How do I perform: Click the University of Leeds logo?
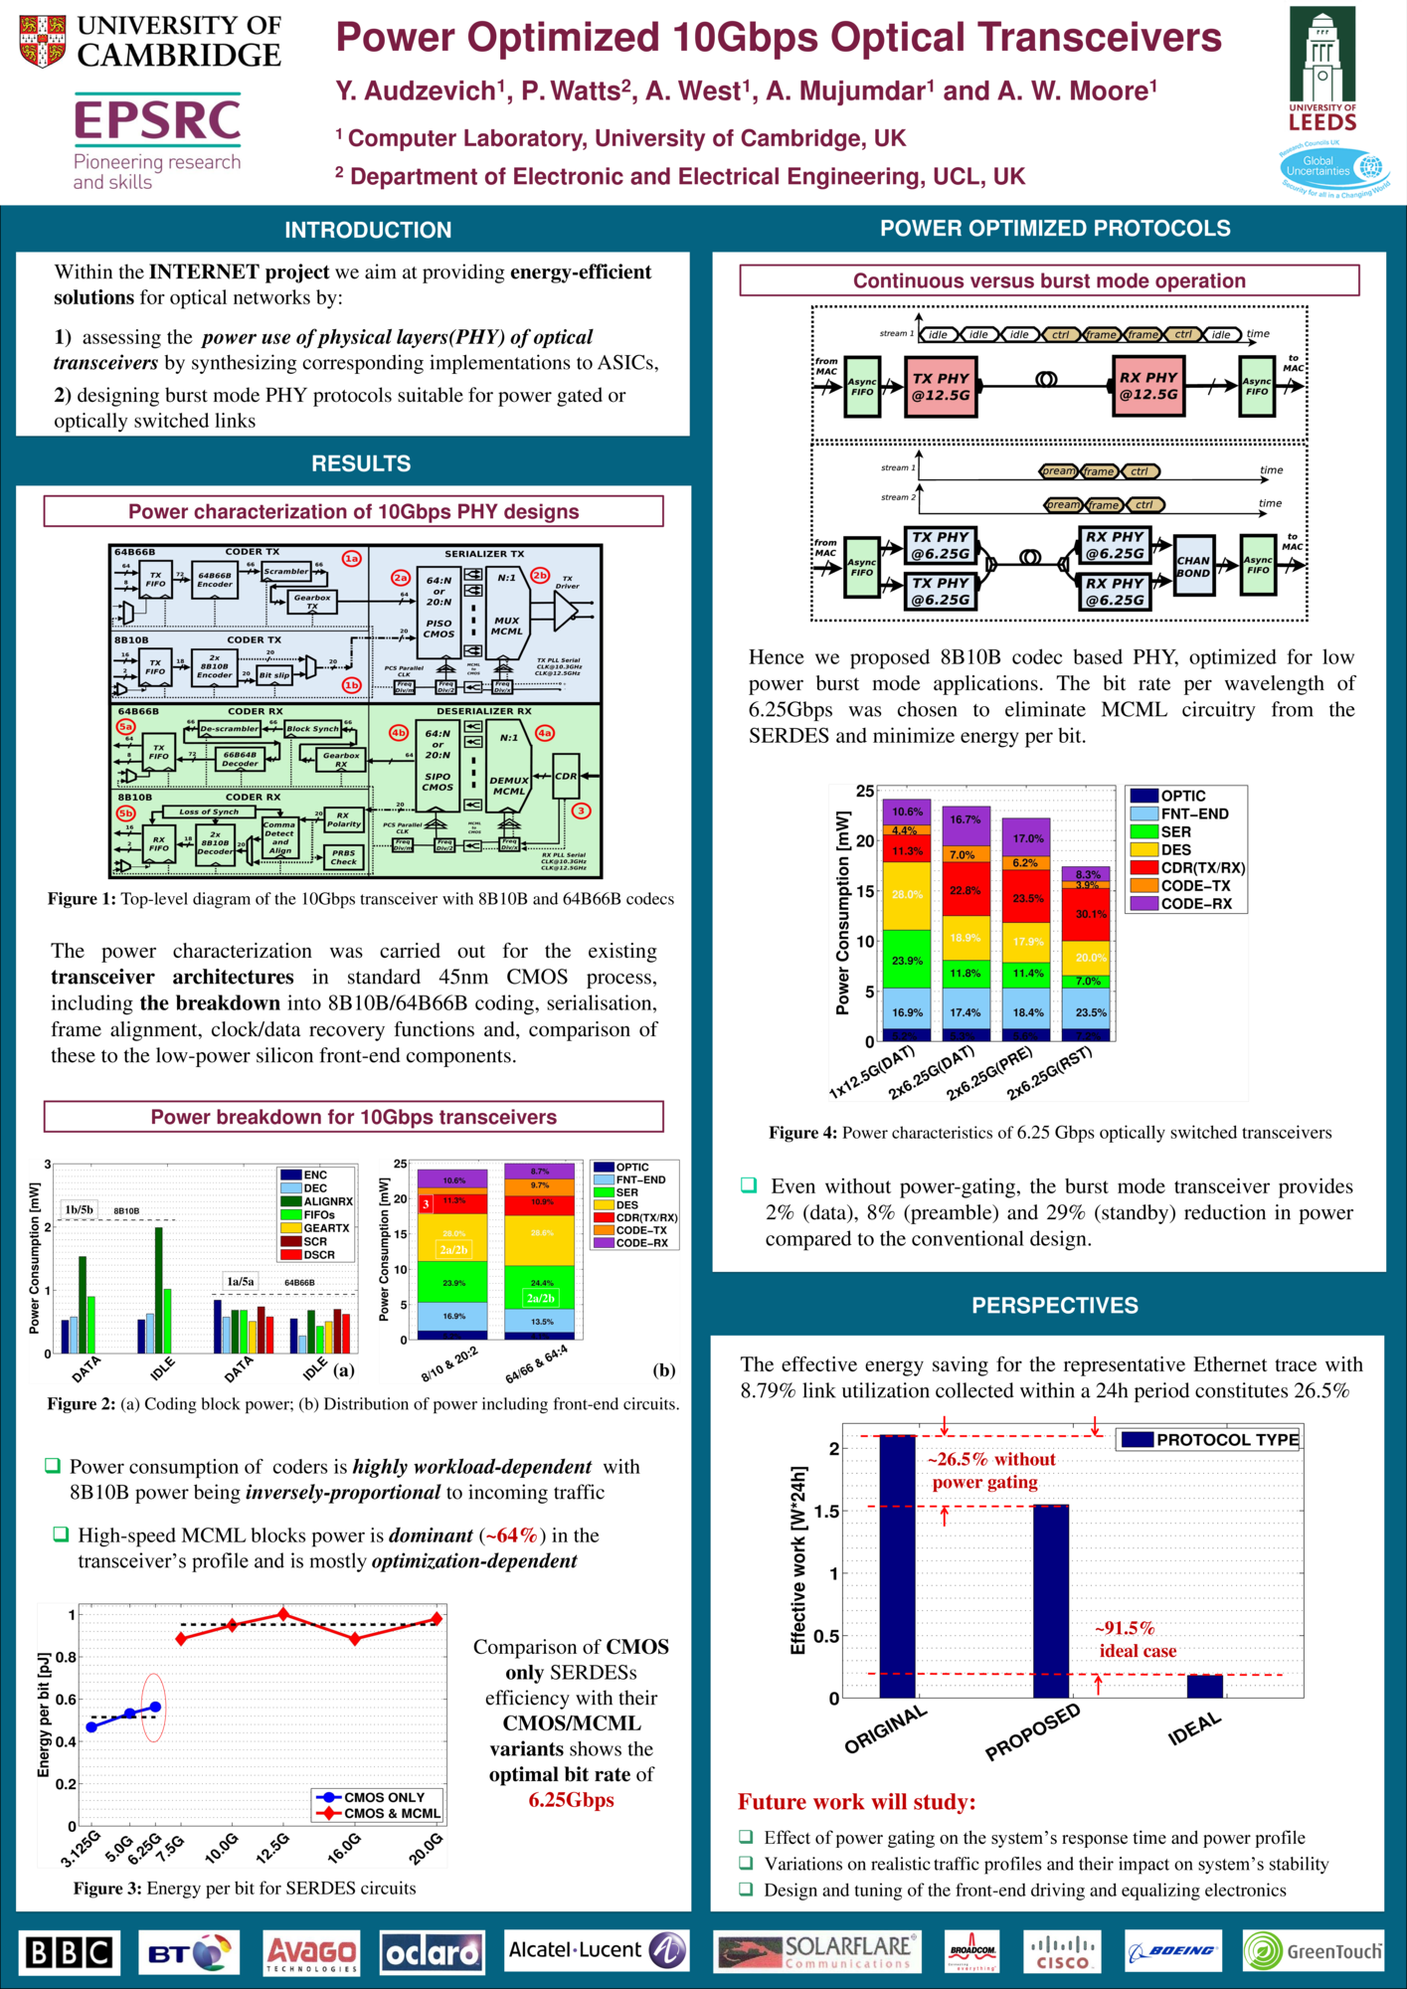coord(1321,70)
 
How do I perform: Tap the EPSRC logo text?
coord(157,120)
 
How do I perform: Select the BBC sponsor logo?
coord(69,1953)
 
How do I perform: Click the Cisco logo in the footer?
coord(1063,1953)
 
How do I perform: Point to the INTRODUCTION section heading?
coord(368,230)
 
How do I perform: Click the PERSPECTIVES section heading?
coord(1054,1306)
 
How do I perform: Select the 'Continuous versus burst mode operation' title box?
coord(1049,281)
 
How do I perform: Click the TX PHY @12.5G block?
coord(940,387)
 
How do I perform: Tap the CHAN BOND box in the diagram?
coord(1192,567)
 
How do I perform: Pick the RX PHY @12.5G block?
coord(1147,387)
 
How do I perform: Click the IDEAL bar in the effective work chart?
coord(1204,1686)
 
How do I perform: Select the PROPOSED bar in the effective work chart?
coord(1051,1601)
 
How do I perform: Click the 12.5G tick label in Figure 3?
coord(272,1846)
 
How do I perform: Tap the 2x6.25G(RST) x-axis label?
coord(1050,1073)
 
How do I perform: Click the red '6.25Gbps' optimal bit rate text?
coord(571,1800)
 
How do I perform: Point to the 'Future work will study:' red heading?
coord(856,1802)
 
